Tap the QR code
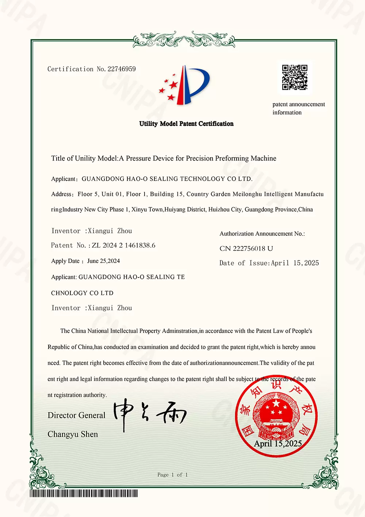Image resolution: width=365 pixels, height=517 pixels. pos(295,78)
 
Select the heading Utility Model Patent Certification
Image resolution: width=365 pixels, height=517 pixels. pos(186,124)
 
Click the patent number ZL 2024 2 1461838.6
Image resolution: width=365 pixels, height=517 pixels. pos(123,245)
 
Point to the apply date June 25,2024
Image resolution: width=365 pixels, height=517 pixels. pos(103,261)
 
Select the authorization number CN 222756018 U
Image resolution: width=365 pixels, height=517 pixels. pos(246,249)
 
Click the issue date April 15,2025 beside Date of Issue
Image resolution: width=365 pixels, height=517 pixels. pos(295,263)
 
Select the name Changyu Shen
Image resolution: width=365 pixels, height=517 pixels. pos(73,434)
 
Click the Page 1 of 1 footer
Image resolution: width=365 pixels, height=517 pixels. pos(172,475)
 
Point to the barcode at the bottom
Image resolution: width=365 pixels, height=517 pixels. pos(84,494)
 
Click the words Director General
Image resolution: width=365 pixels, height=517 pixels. pos(76,415)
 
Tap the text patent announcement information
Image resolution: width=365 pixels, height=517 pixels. pos(298,108)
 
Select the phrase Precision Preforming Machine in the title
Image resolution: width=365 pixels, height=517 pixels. pos(231,158)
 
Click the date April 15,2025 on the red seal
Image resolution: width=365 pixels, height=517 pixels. pos(278,444)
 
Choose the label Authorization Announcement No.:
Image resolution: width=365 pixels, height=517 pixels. pos(262,234)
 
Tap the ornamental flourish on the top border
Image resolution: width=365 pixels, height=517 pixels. pos(184,39)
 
